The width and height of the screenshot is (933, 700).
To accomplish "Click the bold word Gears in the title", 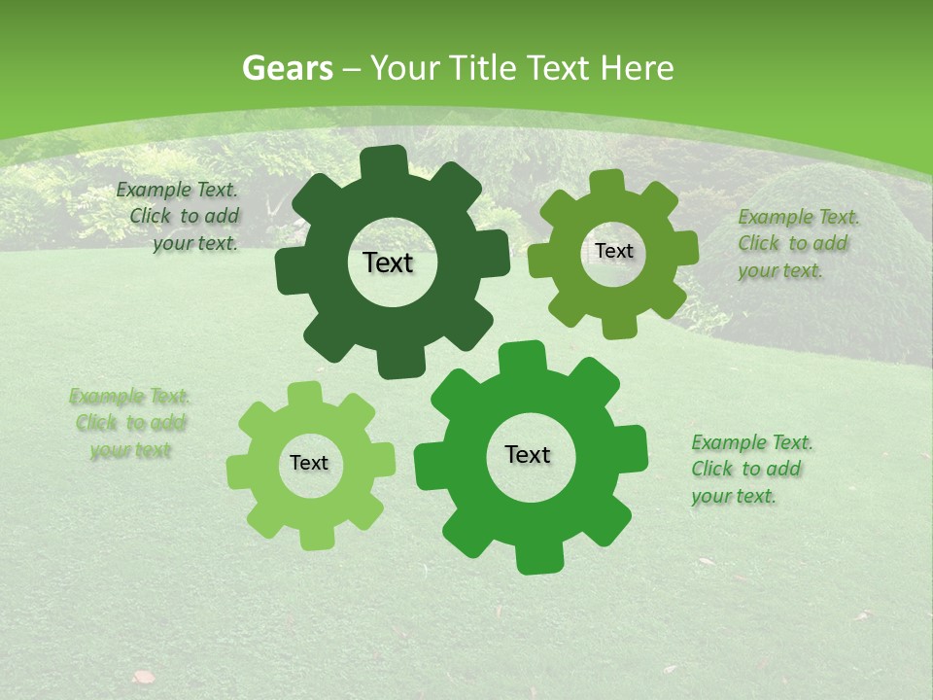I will coord(287,68).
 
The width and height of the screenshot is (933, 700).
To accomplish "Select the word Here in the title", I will coord(638,68).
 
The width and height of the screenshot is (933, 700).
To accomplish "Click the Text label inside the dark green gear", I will coord(388,262).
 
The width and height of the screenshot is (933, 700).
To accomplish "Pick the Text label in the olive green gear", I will coord(613,251).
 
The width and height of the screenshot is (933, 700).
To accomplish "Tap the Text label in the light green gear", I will coord(309,464).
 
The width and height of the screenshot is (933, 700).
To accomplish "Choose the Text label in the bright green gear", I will coord(528,455).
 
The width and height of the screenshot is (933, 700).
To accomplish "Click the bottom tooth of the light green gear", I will coord(315,537).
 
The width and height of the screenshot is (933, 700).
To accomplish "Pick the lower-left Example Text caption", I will coord(130,423).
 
